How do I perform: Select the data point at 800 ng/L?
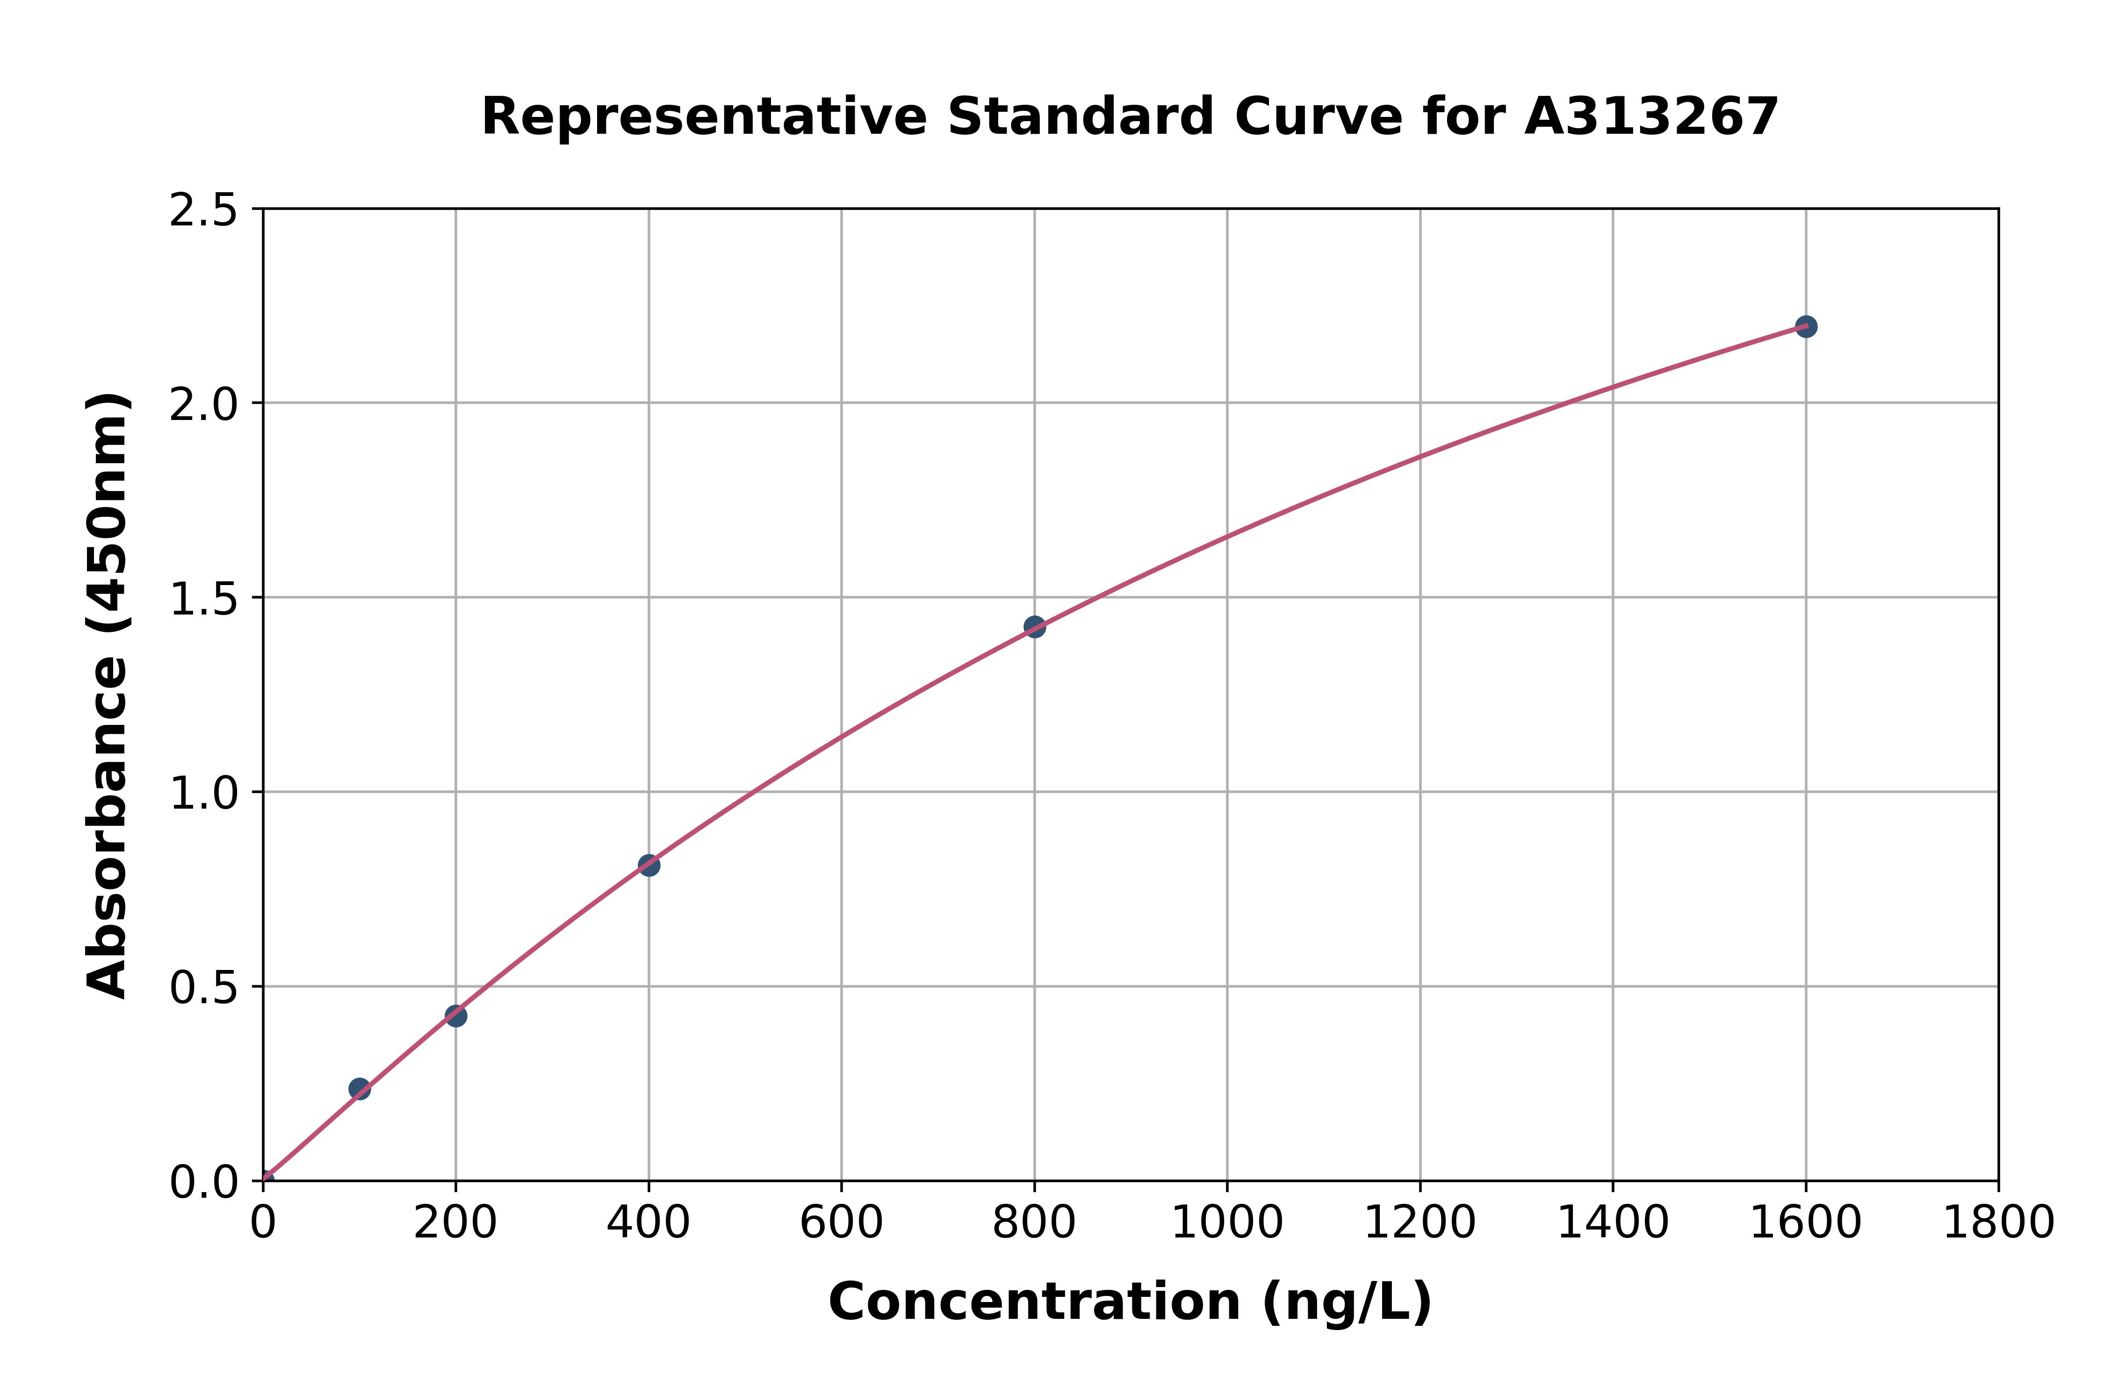coord(1034,626)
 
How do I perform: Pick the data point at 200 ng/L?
coord(456,1016)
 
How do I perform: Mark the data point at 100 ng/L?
coord(360,1089)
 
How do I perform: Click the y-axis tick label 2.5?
coord(204,211)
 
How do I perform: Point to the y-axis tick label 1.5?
coord(204,600)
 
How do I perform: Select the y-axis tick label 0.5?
coord(204,988)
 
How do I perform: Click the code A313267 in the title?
coord(1651,117)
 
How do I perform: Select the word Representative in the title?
coord(704,117)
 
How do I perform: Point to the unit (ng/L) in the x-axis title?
coord(1346,1302)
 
